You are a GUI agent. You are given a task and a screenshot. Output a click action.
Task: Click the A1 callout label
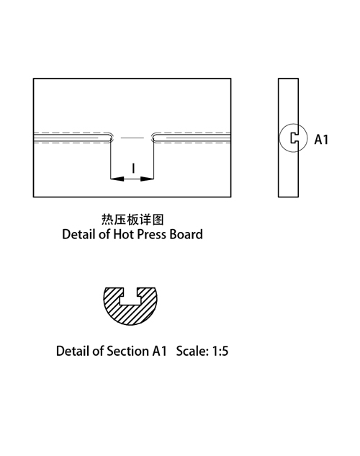pyautogui.click(x=321, y=140)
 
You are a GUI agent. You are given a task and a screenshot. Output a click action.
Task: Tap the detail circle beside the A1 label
pyautogui.click(x=279, y=138)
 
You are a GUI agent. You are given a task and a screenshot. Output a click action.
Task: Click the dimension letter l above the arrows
pyautogui.click(x=133, y=168)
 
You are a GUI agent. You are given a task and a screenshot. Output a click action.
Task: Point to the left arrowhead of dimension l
pyautogui.click(x=117, y=179)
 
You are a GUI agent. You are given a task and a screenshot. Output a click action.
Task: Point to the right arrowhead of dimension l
pyautogui.click(x=147, y=179)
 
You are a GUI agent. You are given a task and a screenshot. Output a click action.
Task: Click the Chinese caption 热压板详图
pyautogui.click(x=132, y=220)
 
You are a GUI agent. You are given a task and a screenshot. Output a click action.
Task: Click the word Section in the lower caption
pyautogui.click(x=127, y=351)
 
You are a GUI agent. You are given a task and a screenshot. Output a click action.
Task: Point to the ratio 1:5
pyautogui.click(x=220, y=352)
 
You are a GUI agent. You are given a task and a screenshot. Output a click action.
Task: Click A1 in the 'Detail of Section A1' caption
pyautogui.click(x=159, y=351)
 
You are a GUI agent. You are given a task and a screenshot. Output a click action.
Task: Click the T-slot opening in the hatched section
pyautogui.click(x=130, y=298)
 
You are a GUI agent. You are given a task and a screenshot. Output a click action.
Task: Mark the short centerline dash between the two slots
pyautogui.click(x=132, y=138)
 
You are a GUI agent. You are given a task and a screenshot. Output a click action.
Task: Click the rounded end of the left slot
pyautogui.click(x=112, y=138)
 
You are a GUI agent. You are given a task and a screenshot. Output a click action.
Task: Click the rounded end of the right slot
pyautogui.click(x=153, y=138)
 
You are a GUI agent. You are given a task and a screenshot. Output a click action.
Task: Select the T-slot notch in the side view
pyautogui.click(x=294, y=138)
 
